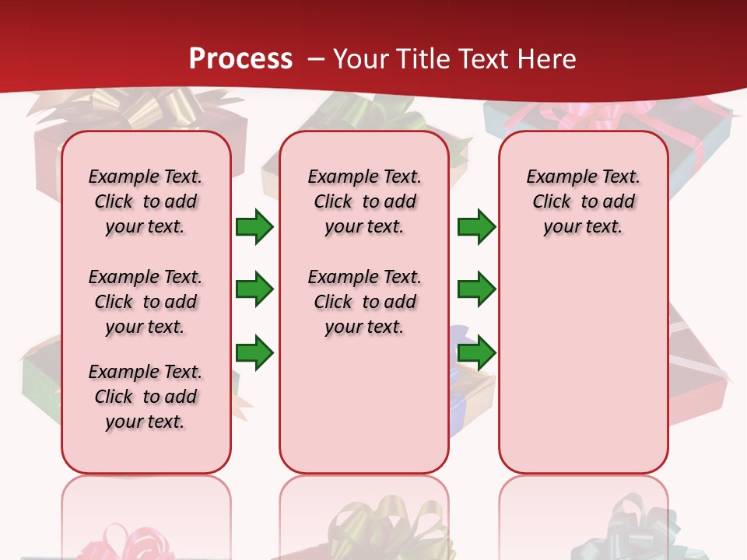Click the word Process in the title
click(240, 58)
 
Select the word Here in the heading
click(548, 58)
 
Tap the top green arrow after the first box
click(254, 227)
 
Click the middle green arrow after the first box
click(254, 289)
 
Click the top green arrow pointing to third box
click(476, 227)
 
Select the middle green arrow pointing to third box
click(476, 289)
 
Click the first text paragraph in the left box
click(146, 201)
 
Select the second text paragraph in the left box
click(146, 302)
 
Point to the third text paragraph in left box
click(146, 397)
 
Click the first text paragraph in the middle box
click(364, 201)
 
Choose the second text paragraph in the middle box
click(364, 302)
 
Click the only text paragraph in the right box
click(583, 201)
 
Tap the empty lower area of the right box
click(583, 366)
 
